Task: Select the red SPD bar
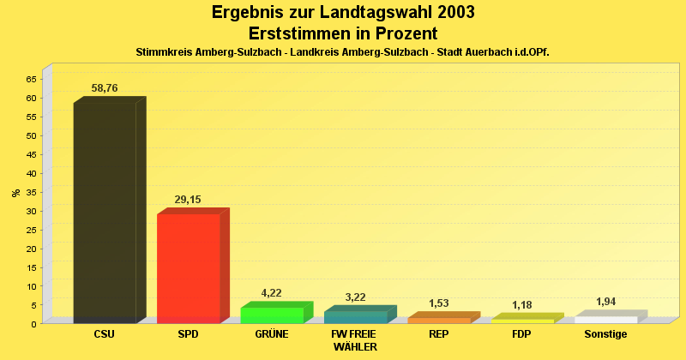pos(188,268)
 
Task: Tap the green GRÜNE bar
pos(272,315)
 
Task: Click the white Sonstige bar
pos(605,320)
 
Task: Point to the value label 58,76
pos(105,87)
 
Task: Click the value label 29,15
pos(188,200)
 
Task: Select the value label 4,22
pos(272,294)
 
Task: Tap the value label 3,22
pos(355,297)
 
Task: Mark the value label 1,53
pos(438,303)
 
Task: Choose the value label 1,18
pos(522,305)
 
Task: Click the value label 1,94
pos(605,302)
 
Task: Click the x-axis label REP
pos(438,334)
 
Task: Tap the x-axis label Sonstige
pos(605,334)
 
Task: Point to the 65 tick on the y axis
pos(31,79)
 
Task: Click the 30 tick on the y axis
pos(31,211)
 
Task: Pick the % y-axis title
pos(15,193)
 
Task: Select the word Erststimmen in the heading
pos(303,33)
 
